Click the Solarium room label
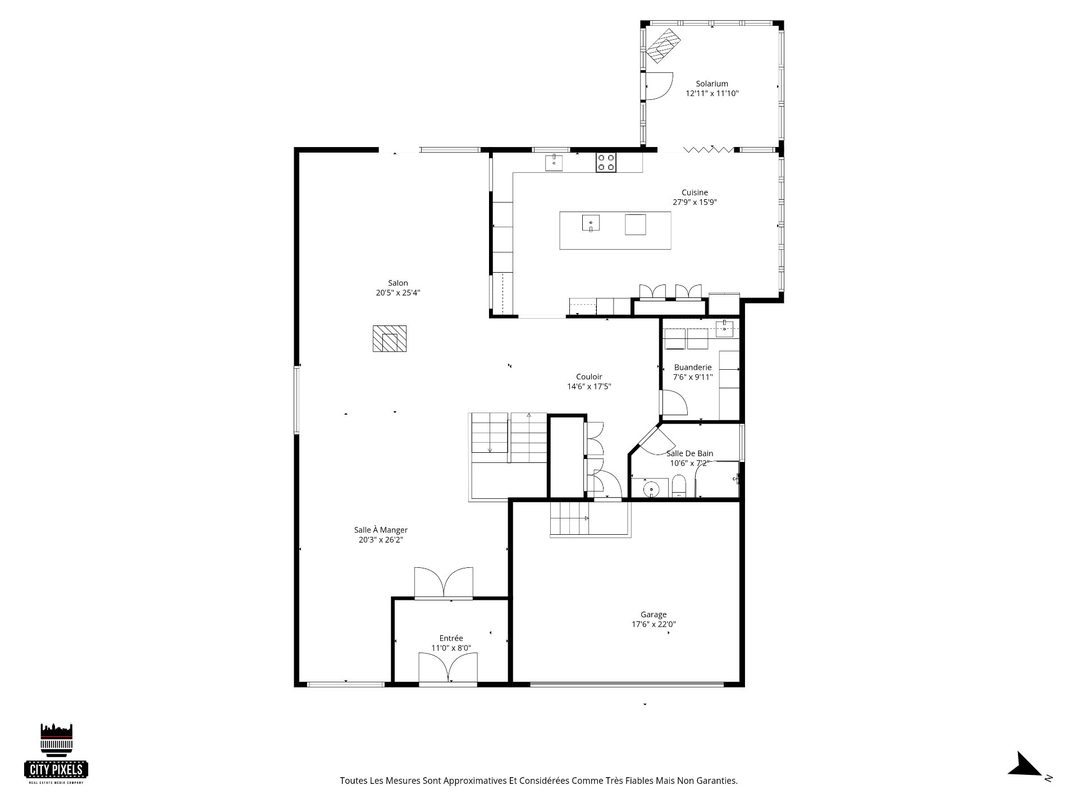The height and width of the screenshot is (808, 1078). click(712, 84)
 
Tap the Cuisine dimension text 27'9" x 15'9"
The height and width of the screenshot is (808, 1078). click(695, 203)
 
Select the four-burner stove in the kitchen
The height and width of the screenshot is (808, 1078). click(606, 163)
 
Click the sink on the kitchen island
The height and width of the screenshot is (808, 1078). click(591, 223)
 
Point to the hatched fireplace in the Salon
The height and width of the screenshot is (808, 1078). click(390, 339)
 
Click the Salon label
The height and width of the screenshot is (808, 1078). click(398, 283)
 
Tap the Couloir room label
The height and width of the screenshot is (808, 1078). click(589, 377)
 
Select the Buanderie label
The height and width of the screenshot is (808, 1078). click(693, 368)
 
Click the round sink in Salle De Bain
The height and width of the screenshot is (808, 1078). click(651, 489)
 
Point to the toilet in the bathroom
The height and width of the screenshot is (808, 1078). click(679, 486)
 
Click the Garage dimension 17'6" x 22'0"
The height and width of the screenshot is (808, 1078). click(654, 624)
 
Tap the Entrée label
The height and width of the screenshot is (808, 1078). click(451, 638)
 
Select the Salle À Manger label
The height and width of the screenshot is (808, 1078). click(381, 530)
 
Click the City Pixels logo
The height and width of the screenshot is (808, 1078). click(56, 754)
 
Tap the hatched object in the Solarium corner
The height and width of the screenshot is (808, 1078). click(664, 45)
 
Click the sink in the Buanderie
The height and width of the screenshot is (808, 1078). click(725, 329)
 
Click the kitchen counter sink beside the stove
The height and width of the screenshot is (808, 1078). click(554, 163)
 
